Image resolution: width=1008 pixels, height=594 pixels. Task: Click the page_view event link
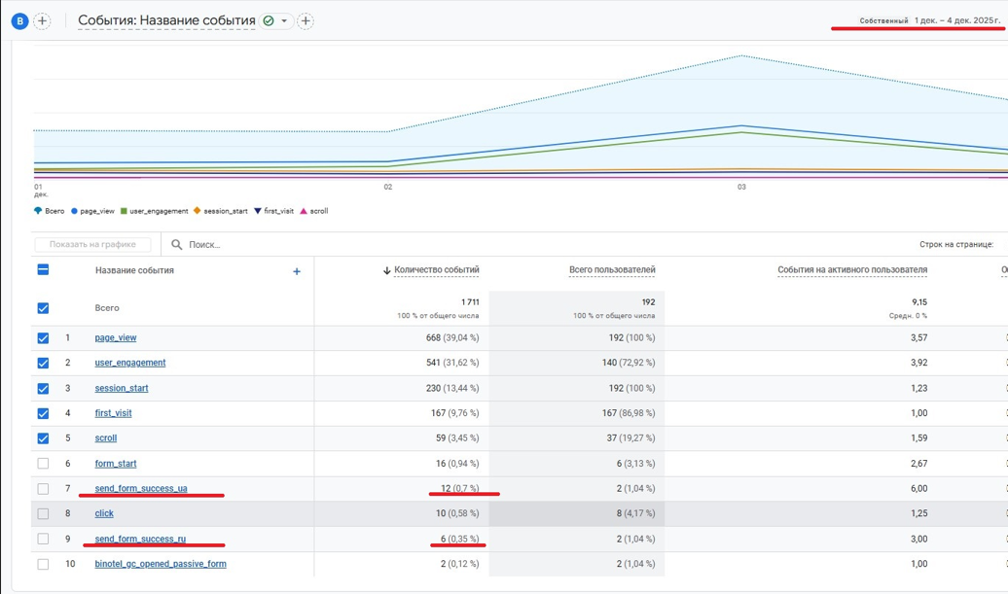coord(116,338)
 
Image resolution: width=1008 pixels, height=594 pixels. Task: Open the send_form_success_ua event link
coord(141,488)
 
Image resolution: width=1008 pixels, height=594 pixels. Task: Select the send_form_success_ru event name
coord(140,539)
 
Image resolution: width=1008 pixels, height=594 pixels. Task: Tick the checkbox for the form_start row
coord(43,464)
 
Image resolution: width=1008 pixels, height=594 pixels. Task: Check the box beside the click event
coord(43,513)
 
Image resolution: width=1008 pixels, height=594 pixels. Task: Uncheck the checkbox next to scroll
coord(43,438)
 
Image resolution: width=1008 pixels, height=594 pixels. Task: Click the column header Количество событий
coord(436,270)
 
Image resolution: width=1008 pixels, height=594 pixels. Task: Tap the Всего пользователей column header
coord(611,270)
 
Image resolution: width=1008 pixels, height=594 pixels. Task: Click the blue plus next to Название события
coord(297,271)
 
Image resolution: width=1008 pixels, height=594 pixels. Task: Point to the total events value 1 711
coord(469,302)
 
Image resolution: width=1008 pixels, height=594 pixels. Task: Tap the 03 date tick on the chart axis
coord(741,187)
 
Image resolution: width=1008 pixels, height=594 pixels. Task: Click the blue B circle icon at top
coord(19,20)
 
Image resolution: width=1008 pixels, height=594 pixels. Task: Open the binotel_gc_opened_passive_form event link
coord(161,564)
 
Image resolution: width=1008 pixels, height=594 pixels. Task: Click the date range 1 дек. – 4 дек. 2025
coord(957,20)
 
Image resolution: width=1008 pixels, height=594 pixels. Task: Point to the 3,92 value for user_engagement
coord(918,363)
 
